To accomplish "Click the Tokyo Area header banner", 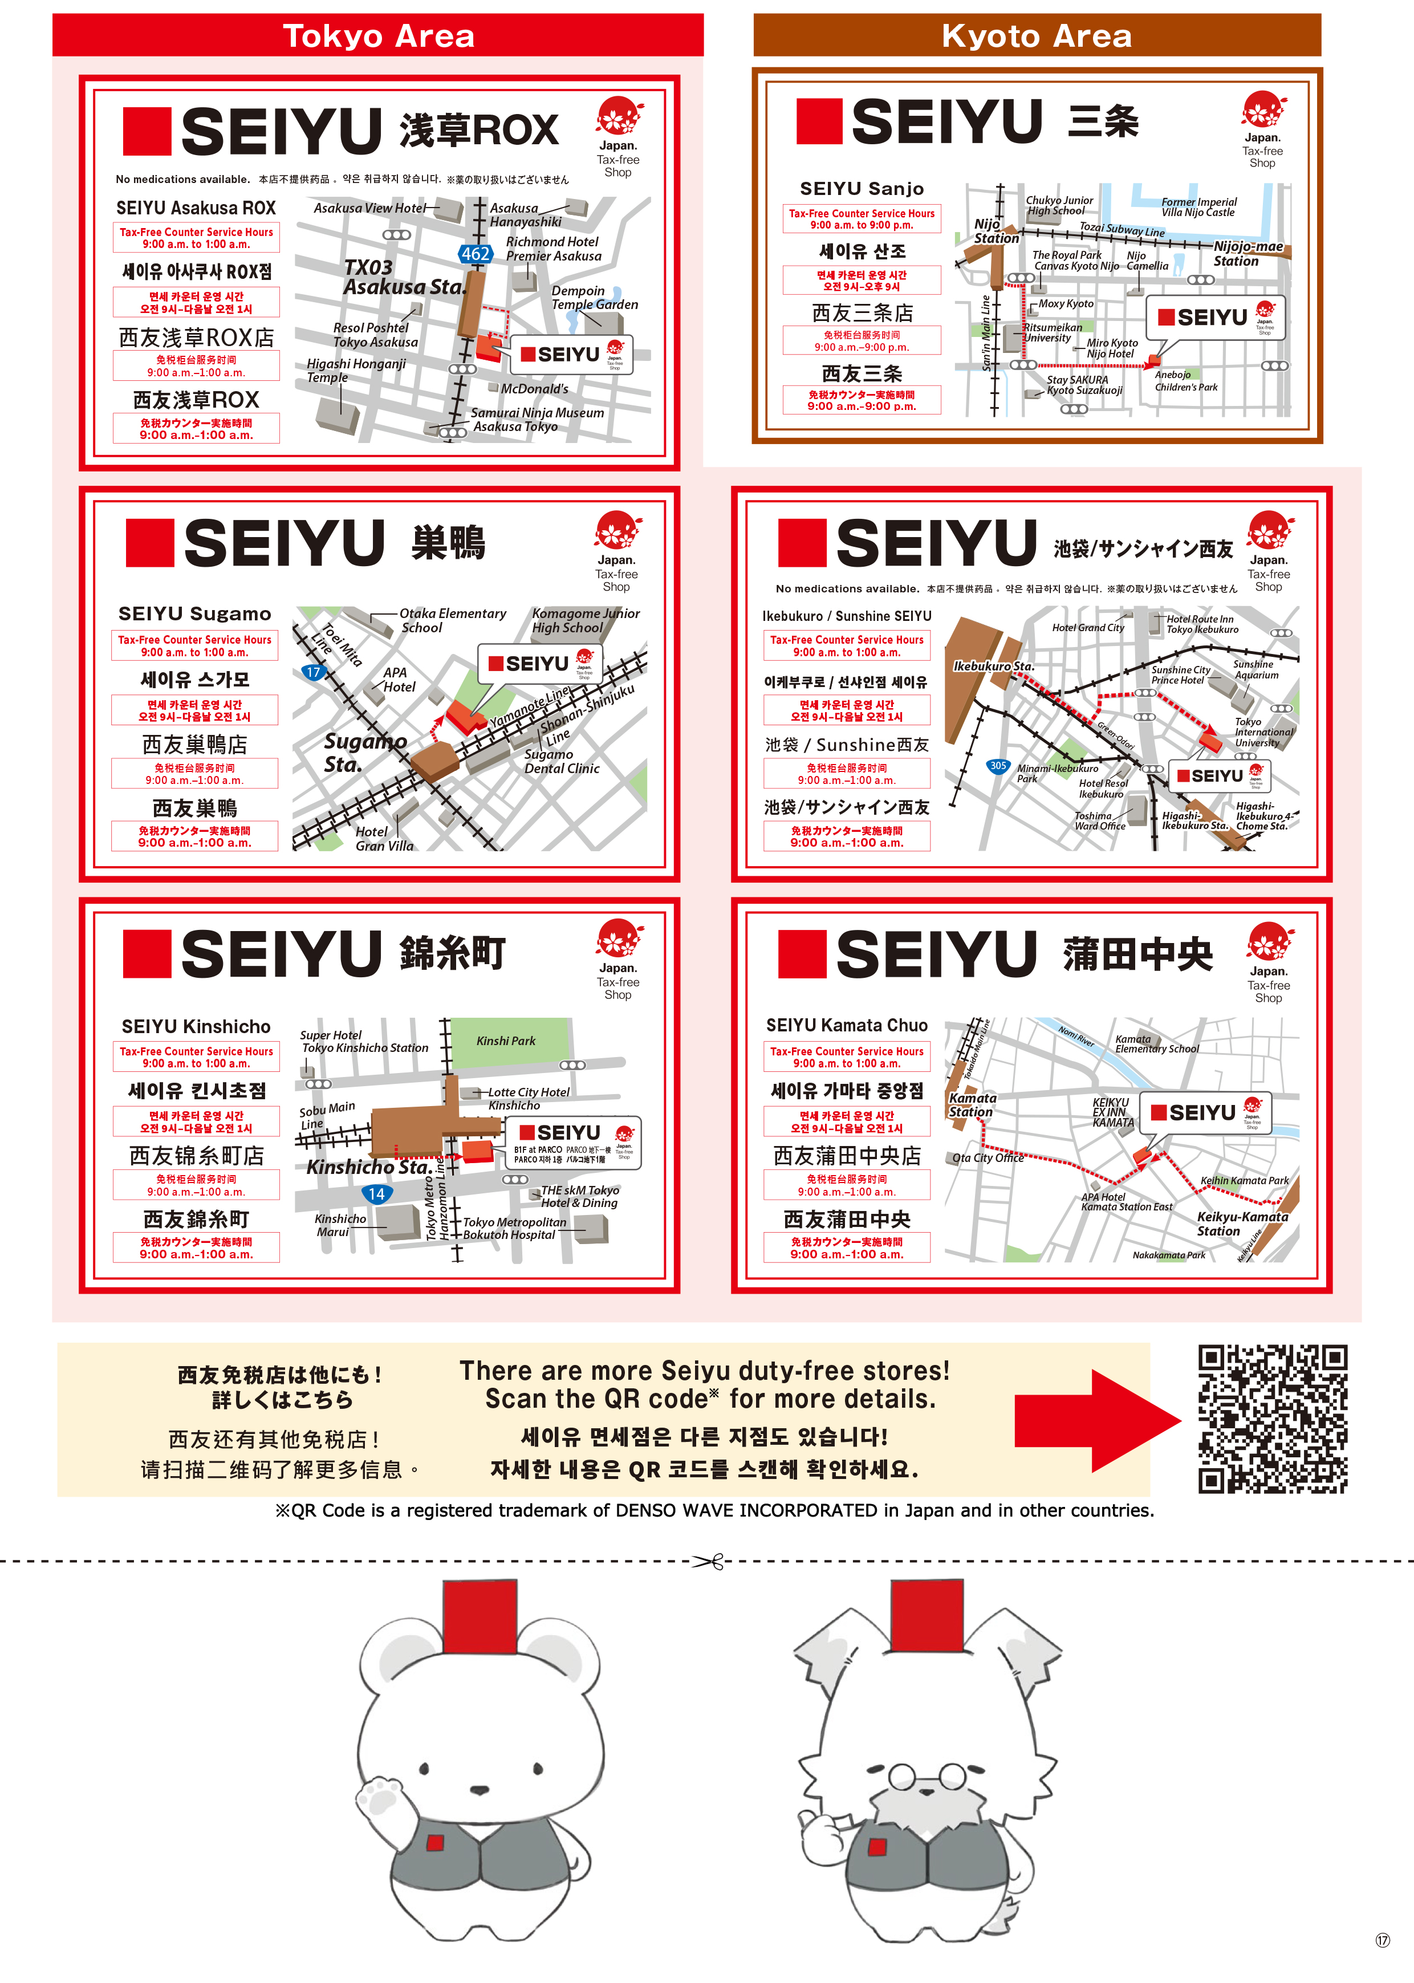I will pos(378,36).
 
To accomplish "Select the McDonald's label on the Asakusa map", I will pos(534,389).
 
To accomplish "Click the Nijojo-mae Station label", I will pos(1247,253).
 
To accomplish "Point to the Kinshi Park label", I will pos(506,1040).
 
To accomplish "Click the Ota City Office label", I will pos(988,1158).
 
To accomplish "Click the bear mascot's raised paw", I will pos(380,1795).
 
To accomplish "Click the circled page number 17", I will pos(1383,1940).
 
